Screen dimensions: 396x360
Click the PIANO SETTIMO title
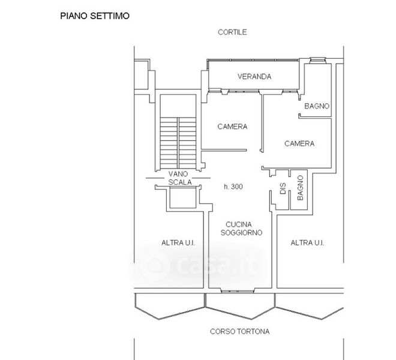(95, 16)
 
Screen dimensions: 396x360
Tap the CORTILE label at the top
(233, 32)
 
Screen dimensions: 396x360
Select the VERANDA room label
(254, 77)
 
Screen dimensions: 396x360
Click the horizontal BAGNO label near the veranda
(317, 106)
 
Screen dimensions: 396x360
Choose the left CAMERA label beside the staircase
(232, 127)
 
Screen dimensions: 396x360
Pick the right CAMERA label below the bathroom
(299, 143)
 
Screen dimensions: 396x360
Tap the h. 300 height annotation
(233, 187)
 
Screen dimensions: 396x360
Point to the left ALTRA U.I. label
(178, 243)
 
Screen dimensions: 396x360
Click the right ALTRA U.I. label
(307, 243)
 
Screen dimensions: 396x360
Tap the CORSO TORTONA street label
(239, 331)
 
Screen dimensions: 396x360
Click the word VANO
(179, 174)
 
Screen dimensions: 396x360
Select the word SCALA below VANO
(179, 183)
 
